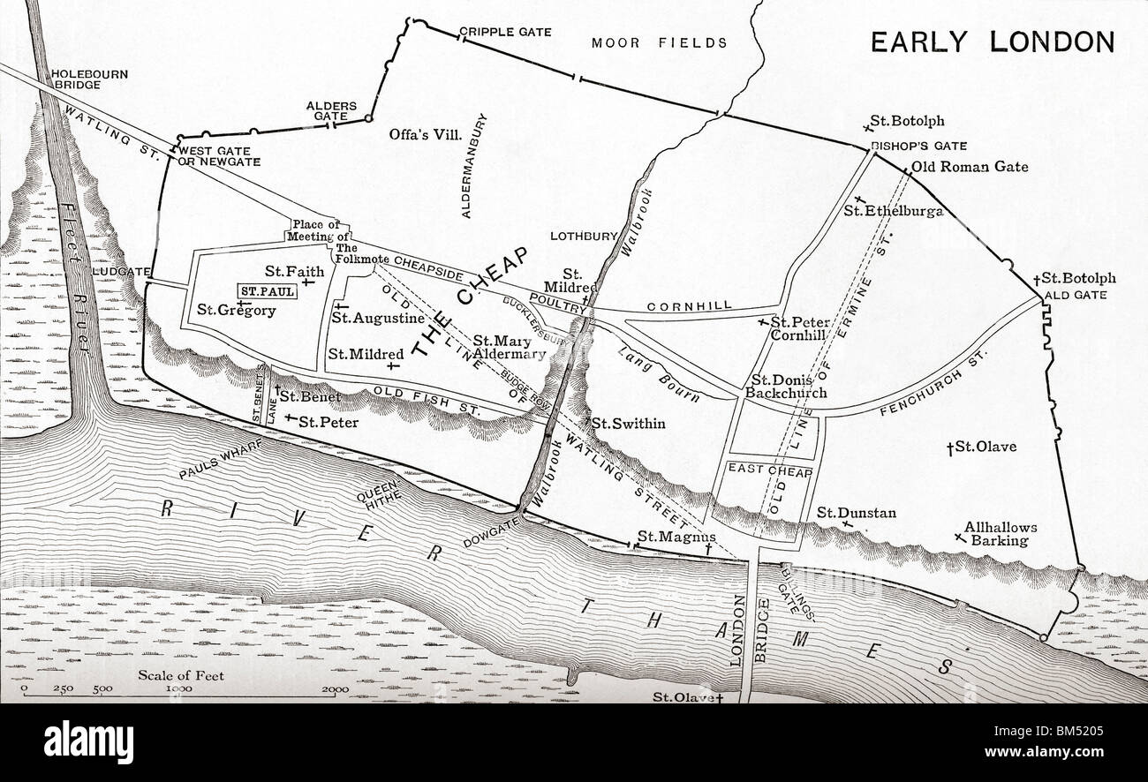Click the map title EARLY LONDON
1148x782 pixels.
993,41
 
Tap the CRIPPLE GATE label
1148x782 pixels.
505,32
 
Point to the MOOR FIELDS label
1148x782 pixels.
659,42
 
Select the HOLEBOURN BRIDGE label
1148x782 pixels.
89,79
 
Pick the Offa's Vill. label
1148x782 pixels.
426,134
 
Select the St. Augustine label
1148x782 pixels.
377,318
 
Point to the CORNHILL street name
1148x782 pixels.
690,305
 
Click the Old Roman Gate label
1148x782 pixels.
969,166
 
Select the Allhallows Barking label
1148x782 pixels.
1000,534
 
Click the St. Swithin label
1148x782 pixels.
627,424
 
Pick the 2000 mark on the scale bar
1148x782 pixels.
335,689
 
